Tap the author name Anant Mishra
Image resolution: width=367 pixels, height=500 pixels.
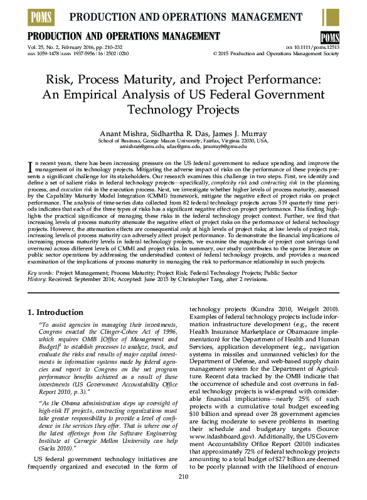tap(122, 134)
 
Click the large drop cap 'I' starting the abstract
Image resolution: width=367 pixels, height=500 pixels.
tap(31, 166)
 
